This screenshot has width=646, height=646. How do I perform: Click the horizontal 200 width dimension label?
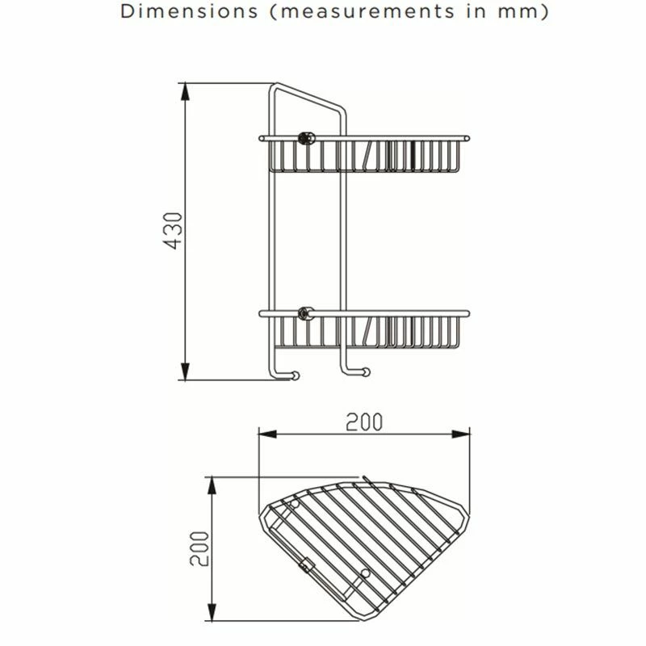(364, 422)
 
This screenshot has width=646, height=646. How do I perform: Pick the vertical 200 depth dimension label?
(202, 550)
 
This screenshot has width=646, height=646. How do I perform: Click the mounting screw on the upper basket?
(307, 137)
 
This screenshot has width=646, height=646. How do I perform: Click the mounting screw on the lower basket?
(305, 313)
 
